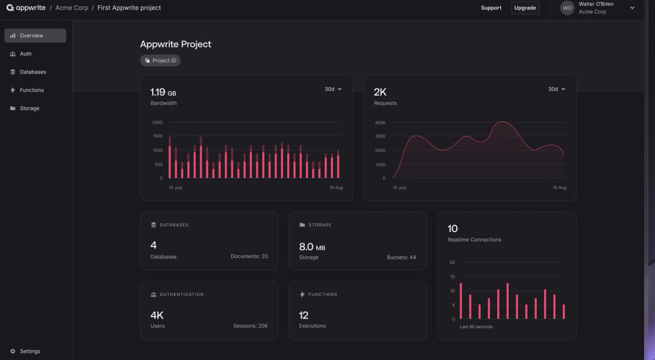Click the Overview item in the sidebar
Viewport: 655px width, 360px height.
[x=35, y=35]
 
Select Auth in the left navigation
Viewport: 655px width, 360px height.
[x=25, y=54]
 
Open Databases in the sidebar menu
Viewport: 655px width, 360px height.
[x=32, y=72]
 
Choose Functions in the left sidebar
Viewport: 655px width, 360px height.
[x=31, y=90]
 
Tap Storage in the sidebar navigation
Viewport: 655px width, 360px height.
[x=29, y=109]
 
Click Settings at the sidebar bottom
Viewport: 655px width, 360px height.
[x=29, y=351]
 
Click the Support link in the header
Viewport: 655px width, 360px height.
[x=491, y=8]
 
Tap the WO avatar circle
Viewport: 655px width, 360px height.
[x=568, y=8]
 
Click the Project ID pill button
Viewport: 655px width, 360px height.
[x=160, y=61]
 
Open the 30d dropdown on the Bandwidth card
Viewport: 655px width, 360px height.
[x=333, y=89]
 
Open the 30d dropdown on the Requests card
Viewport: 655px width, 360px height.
[x=557, y=89]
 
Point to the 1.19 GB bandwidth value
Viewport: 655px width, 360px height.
[x=163, y=92]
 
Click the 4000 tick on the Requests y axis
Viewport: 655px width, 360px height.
[x=380, y=122]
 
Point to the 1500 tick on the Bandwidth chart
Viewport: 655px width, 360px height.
[x=157, y=136]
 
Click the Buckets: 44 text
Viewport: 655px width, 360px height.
[x=401, y=257]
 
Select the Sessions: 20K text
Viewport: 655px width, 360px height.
[x=251, y=326]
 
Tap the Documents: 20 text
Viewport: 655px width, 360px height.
[x=249, y=256]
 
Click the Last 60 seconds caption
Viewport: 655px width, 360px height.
[x=475, y=327]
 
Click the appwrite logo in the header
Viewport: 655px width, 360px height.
[x=26, y=8]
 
